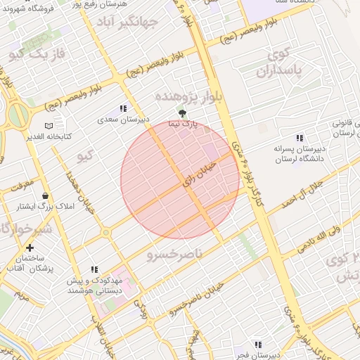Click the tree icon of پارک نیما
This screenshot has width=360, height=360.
pos(183,112)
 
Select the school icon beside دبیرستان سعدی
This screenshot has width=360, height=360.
pos(124,108)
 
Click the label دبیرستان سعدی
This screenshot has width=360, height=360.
pos(124,120)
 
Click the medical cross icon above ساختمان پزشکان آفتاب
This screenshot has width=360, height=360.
pos(30,247)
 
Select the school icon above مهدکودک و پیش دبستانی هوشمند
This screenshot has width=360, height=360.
pos(94,269)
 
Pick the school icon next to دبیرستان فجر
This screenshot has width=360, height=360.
pos(259,344)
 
